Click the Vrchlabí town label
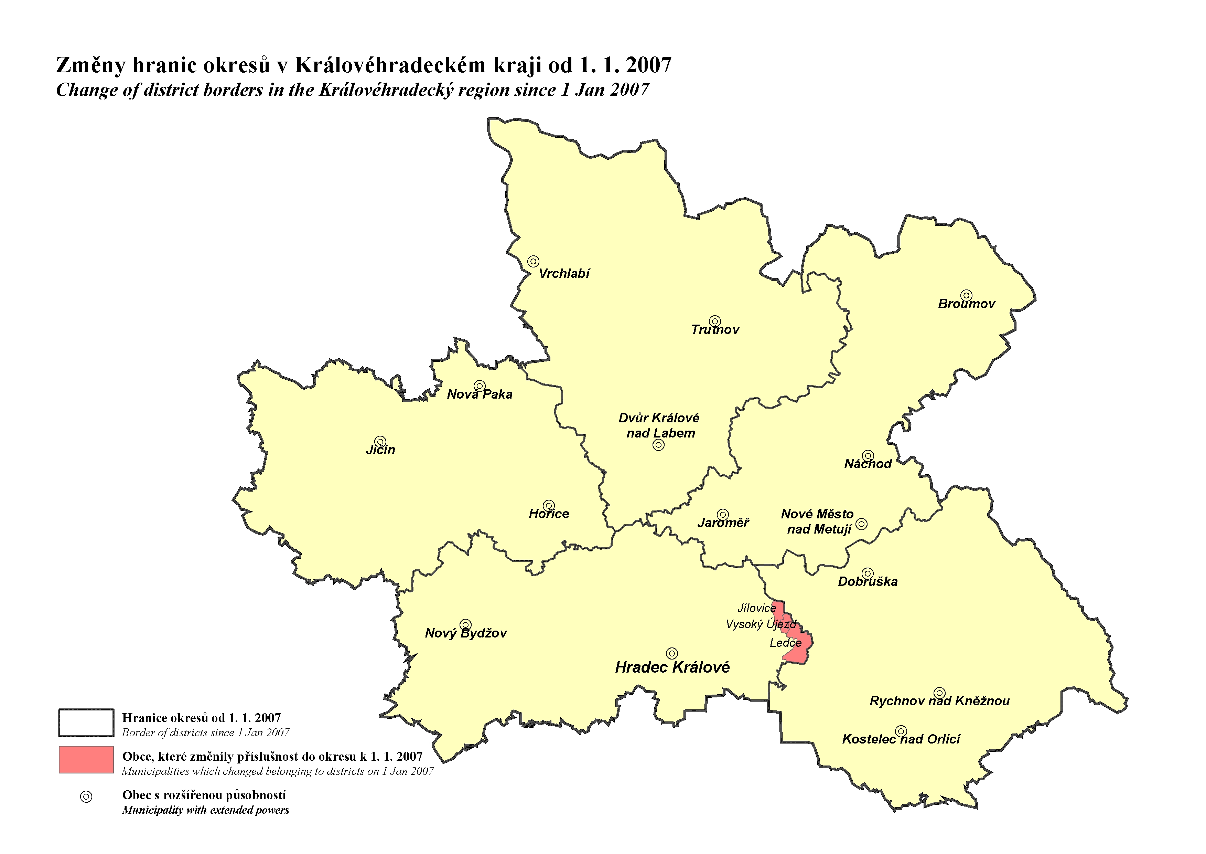(x=564, y=273)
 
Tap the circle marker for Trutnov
(x=715, y=321)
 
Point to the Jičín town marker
(x=380, y=442)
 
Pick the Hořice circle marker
(x=549, y=505)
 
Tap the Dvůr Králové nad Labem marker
(x=658, y=445)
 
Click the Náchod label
(x=868, y=464)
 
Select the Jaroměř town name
(x=723, y=523)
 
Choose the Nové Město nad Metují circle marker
(x=861, y=524)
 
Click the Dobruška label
(x=868, y=582)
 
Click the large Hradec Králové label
(x=672, y=667)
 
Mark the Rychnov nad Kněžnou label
(x=939, y=701)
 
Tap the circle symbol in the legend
(x=86, y=797)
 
